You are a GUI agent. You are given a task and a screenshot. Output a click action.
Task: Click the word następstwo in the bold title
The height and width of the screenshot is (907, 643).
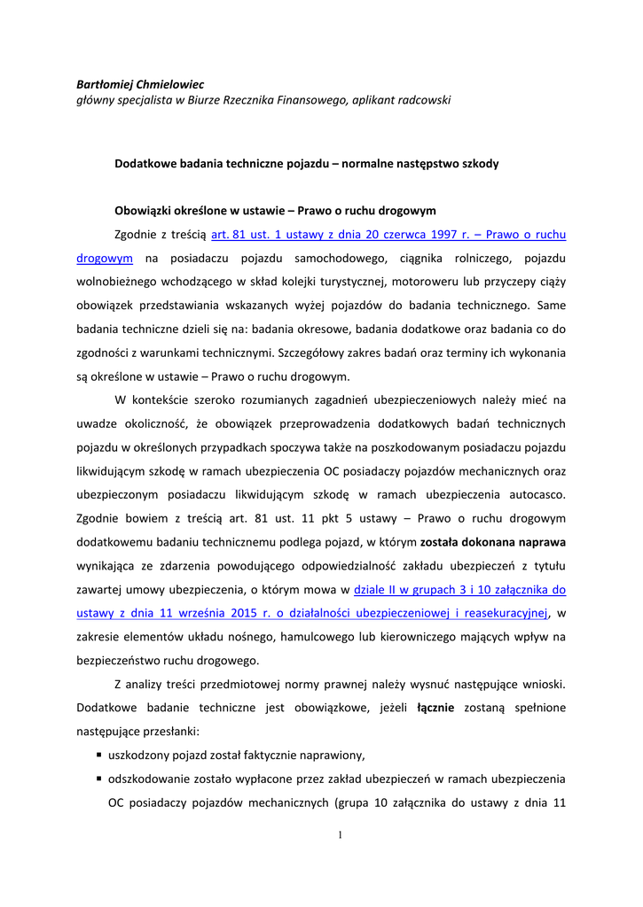(408, 164)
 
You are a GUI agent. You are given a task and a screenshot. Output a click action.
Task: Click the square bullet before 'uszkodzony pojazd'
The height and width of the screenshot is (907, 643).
(98, 756)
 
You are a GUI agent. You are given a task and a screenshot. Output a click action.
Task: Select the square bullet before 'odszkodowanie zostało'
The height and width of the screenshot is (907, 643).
(98, 779)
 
